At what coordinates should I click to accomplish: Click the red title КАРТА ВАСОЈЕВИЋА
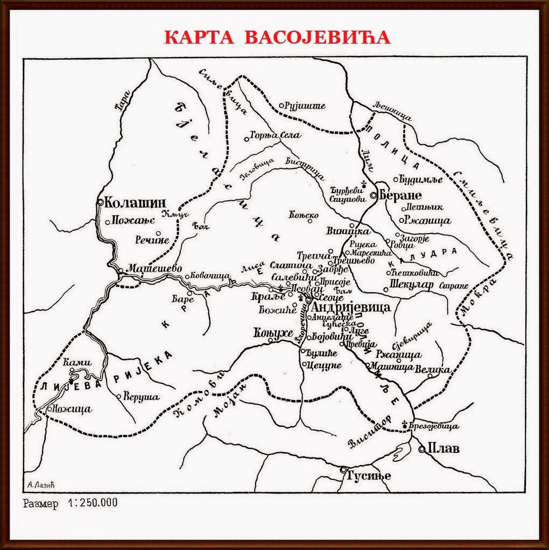pyautogui.click(x=277, y=37)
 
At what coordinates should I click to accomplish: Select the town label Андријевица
pyautogui.click(x=351, y=307)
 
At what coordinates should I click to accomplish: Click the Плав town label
pyautogui.click(x=443, y=448)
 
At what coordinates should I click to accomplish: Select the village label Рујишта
pyautogui.click(x=306, y=105)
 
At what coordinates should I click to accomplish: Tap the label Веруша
pyautogui.click(x=142, y=397)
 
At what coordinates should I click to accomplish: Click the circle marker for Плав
pyautogui.click(x=421, y=448)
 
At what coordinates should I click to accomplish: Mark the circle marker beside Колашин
pyautogui.click(x=101, y=202)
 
